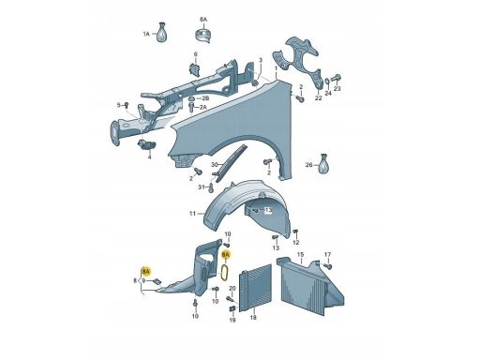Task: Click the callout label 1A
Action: (x=146, y=34)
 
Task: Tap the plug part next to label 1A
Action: (x=162, y=32)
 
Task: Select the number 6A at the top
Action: (x=203, y=20)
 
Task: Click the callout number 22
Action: (x=318, y=98)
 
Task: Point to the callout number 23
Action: (x=337, y=89)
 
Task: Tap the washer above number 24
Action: (x=327, y=82)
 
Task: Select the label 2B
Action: (x=205, y=98)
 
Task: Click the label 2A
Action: (x=203, y=107)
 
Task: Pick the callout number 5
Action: (x=118, y=105)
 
